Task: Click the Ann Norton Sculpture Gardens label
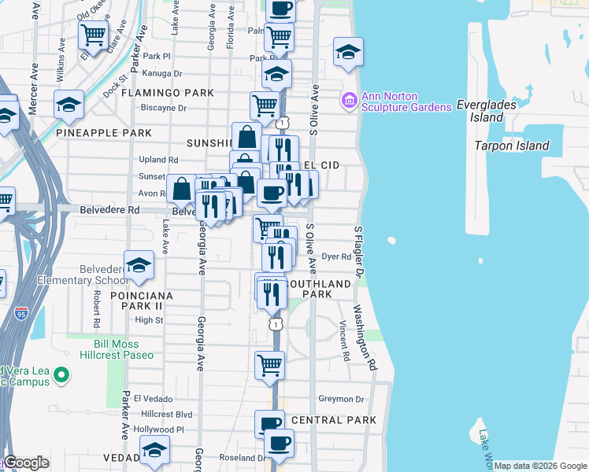click(406, 101)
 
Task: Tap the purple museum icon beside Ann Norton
click(348, 101)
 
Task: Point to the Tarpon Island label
click(511, 146)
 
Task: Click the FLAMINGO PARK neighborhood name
click(168, 93)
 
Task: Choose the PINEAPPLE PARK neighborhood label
click(104, 133)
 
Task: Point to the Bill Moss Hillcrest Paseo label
click(117, 349)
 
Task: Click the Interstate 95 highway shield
click(21, 314)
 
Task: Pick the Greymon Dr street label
click(341, 399)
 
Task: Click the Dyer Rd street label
click(336, 256)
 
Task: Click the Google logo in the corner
click(27, 463)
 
